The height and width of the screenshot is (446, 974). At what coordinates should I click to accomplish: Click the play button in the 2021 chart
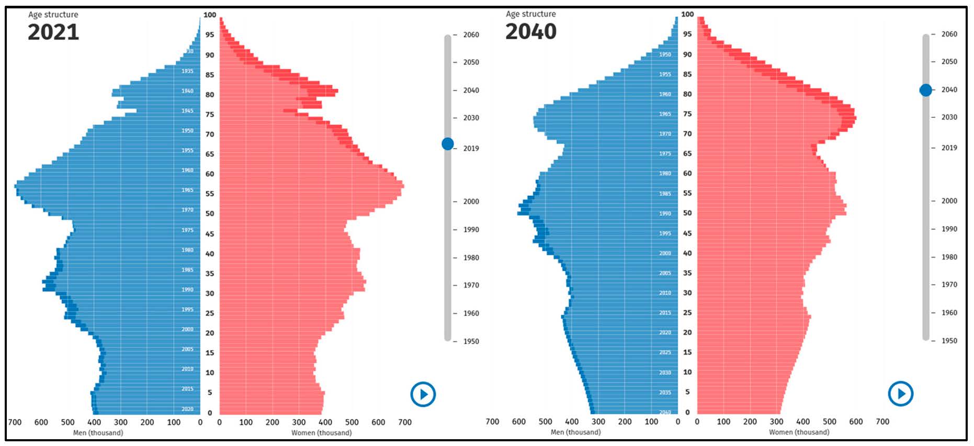coord(423,394)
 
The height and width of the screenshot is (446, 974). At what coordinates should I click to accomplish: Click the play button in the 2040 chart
coord(901,394)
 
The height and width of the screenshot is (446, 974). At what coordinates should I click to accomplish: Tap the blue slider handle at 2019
coord(448,144)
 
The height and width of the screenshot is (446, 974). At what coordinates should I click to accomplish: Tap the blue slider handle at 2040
coord(925,90)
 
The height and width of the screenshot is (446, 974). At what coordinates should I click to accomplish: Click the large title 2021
coord(53,32)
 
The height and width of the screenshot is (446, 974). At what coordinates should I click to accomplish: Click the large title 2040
coord(531,32)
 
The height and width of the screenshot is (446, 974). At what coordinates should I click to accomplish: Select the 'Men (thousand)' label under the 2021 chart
coord(98,433)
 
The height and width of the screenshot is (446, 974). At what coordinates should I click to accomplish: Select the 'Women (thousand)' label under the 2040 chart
coord(799,432)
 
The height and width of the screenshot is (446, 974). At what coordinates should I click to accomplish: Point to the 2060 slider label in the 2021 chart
coord(471,35)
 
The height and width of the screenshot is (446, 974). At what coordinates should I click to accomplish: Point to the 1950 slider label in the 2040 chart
coord(949,341)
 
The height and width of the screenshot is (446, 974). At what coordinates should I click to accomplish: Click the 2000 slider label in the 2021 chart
coord(471,202)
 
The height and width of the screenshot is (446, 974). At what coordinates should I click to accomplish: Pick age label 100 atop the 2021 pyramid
coord(210,15)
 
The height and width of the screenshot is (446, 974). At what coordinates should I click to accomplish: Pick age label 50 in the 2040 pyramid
coord(687,213)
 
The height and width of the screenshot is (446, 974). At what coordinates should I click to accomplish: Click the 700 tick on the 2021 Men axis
coord(15,422)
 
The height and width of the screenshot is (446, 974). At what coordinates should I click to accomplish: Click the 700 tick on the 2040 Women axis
coord(882,422)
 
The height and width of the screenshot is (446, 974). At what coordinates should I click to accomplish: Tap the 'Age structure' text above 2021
coord(53,15)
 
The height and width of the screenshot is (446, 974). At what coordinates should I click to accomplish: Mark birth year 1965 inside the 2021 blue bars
coord(187,190)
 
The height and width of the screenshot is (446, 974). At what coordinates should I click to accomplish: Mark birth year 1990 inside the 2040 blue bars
coord(665,214)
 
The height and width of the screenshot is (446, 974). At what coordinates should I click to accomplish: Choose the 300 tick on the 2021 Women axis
coord(299,422)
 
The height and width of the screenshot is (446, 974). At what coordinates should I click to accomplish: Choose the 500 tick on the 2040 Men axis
coord(545,422)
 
